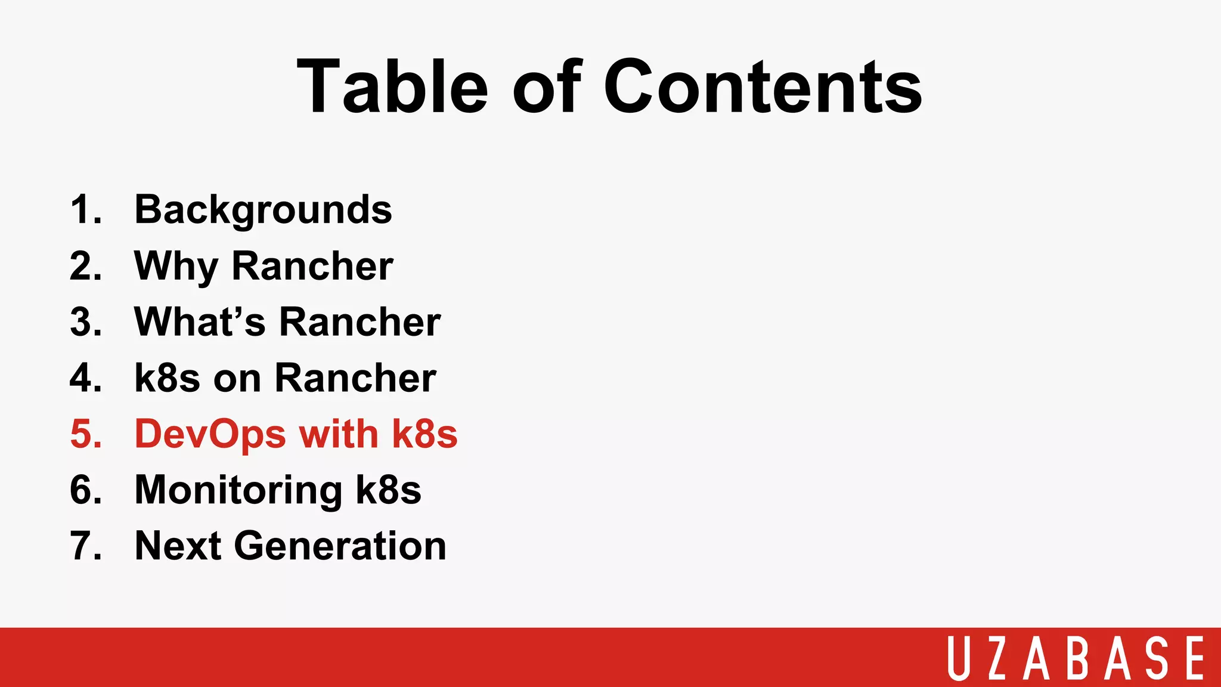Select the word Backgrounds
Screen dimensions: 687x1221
[x=263, y=211]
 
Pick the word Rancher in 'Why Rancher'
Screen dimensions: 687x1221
[x=312, y=266]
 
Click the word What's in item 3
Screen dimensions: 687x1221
[x=200, y=322]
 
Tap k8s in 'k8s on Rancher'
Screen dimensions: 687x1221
[x=167, y=378]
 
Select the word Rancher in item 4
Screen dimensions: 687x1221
[x=355, y=378]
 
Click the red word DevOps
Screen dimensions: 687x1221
[x=210, y=434]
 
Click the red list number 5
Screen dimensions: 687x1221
[x=85, y=434]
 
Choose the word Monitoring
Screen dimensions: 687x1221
[x=238, y=490]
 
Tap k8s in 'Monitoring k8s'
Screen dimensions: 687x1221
[x=388, y=490]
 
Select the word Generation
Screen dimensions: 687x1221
[x=340, y=546]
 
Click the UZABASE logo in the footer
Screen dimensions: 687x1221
[x=1076, y=658]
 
